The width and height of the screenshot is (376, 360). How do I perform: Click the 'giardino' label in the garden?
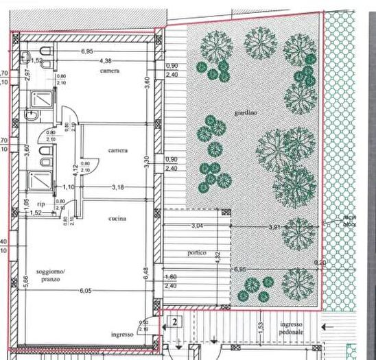245,113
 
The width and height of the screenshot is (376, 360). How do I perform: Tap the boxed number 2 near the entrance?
175,321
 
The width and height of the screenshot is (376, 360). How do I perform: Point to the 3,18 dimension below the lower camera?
117,187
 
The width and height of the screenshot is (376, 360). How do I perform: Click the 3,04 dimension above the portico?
198,226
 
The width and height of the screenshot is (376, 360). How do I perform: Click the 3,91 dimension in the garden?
275,226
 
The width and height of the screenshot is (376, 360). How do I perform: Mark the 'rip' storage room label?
40,204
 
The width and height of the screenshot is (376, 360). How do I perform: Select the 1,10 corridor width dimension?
69,187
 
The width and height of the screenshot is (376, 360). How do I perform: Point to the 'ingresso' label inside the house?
121,335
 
